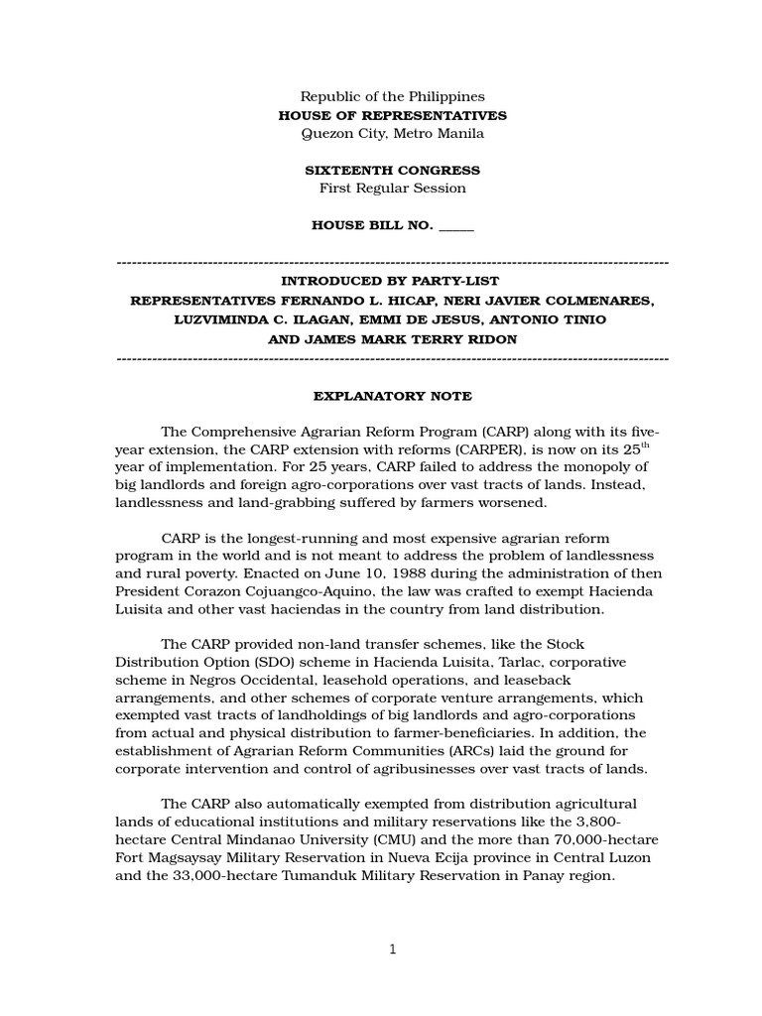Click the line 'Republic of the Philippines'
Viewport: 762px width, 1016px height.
pyautogui.click(x=392, y=96)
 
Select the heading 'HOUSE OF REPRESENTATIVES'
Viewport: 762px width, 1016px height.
pyautogui.click(x=392, y=115)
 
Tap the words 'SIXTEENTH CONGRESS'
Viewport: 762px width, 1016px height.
pyautogui.click(x=392, y=171)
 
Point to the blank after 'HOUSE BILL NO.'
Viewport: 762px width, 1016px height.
pyautogui.click(x=455, y=226)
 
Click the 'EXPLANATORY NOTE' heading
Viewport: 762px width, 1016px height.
pyautogui.click(x=392, y=396)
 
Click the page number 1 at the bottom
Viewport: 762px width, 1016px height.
pyautogui.click(x=392, y=949)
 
